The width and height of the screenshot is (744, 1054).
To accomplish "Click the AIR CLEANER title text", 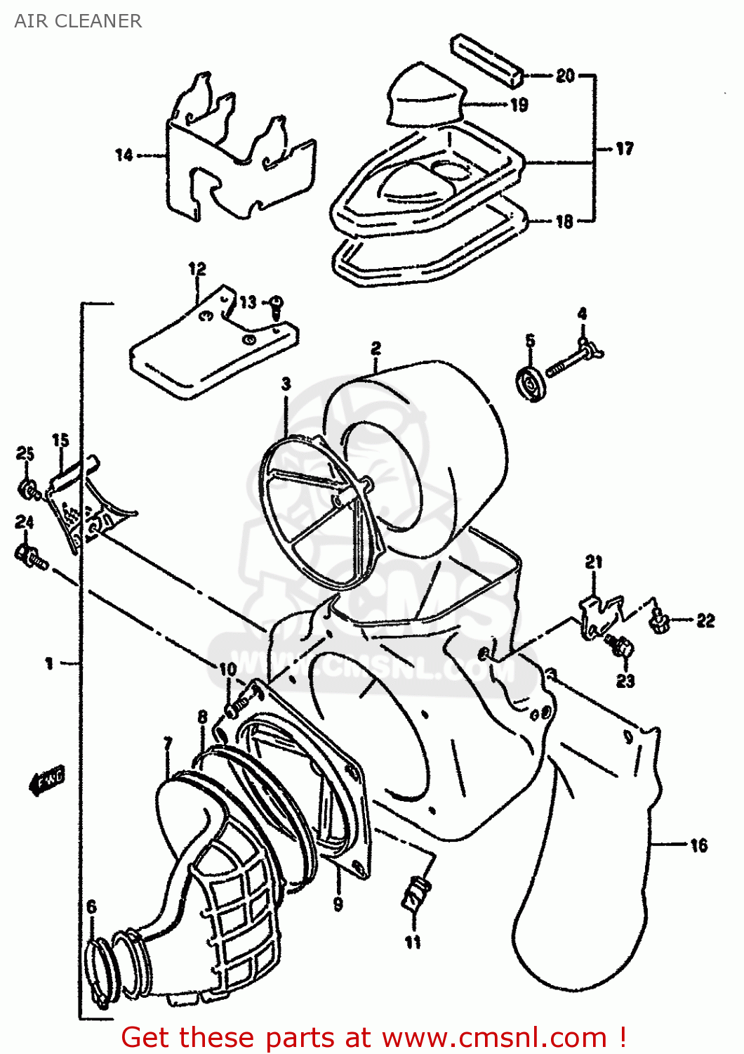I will point(78,21).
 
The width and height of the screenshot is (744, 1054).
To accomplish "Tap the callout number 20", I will point(565,75).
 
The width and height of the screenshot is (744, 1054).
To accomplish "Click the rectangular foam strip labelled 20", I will point(489,60).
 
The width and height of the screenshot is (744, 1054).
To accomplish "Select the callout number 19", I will point(519,105).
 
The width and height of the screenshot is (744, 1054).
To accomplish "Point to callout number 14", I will point(124,155).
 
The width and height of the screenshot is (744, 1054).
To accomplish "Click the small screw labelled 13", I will point(277,304).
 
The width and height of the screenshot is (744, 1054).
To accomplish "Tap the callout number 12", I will point(197,269).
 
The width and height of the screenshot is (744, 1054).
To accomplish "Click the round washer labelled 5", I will point(530,384).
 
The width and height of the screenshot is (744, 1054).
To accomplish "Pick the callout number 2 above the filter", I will point(376,348).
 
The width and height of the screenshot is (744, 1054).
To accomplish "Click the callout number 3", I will point(286,384).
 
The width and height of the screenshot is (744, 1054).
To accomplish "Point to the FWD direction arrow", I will point(47,780).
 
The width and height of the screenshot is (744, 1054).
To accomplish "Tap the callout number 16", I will point(698,845).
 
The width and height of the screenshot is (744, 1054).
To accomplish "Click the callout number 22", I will point(705,620).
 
